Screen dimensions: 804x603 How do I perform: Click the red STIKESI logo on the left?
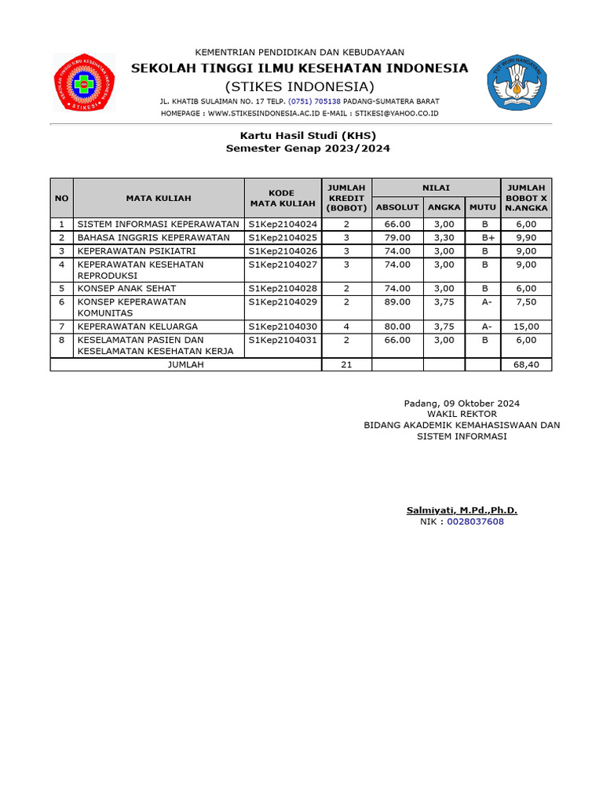pyautogui.click(x=83, y=82)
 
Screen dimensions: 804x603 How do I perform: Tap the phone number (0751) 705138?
pyautogui.click(x=316, y=101)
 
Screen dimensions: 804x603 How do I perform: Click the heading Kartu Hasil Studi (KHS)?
pyautogui.click(x=308, y=135)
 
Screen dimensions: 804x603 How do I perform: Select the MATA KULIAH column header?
pyautogui.click(x=159, y=199)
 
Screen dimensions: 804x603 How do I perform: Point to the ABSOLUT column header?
pyautogui.click(x=398, y=206)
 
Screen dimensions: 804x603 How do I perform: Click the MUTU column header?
pyautogui.click(x=483, y=206)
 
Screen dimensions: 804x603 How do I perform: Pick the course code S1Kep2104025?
pyautogui.click(x=283, y=237)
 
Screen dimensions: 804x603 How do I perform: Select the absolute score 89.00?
pyautogui.click(x=398, y=301)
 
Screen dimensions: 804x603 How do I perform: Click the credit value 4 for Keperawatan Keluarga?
pyautogui.click(x=346, y=327)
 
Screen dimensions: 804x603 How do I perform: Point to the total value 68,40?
pyautogui.click(x=526, y=365)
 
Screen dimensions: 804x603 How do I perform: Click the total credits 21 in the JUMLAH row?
pyautogui.click(x=346, y=365)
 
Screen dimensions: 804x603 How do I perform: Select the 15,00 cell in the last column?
pyautogui.click(x=526, y=327)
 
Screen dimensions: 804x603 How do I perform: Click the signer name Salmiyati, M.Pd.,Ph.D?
pyautogui.click(x=462, y=510)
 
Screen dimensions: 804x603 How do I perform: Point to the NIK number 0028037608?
pyautogui.click(x=476, y=521)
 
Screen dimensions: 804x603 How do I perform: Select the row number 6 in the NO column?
pyautogui.click(x=61, y=301)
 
